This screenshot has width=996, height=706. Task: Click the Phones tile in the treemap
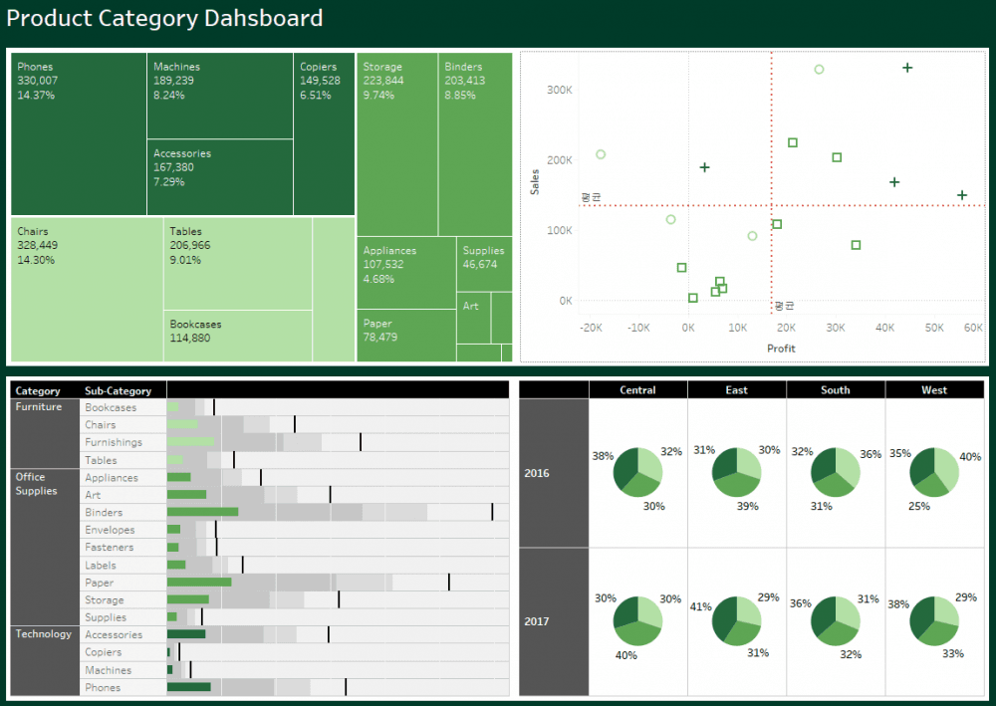point(79,134)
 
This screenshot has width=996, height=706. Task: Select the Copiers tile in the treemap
point(324,134)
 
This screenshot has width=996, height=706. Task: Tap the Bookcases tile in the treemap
point(238,337)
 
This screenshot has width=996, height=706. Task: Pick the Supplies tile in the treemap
point(484,263)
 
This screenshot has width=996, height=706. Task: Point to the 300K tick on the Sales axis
point(559,90)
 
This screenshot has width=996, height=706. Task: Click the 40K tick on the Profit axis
point(885,327)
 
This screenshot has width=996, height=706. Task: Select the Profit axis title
point(781,349)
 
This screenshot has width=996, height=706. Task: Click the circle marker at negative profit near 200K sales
point(601,154)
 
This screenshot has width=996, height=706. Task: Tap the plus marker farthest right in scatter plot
point(962,195)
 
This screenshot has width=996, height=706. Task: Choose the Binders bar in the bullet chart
point(202,512)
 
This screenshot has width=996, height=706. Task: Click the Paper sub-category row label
point(100,583)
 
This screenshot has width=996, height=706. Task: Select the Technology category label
point(43,634)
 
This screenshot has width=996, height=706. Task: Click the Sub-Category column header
point(119,391)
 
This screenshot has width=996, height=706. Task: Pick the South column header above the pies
point(835,390)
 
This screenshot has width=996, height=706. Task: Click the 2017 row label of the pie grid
point(538,621)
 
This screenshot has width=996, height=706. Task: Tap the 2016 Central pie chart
point(637,473)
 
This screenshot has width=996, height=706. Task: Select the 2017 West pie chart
point(934,621)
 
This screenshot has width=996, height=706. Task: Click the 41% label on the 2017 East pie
point(700,606)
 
